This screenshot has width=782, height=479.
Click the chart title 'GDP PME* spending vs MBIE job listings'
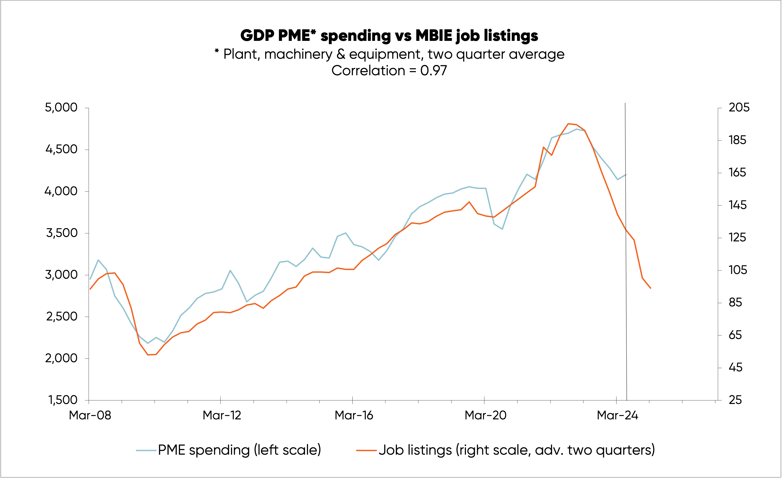tap(389, 36)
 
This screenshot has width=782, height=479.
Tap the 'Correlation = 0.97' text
tap(389, 70)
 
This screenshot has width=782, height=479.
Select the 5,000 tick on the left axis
tap(61, 108)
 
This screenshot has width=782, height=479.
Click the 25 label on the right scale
tap(735, 400)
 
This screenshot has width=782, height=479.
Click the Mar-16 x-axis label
tap(354, 415)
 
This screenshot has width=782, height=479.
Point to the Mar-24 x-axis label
tap(617, 415)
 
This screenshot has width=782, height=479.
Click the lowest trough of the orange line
tap(148, 355)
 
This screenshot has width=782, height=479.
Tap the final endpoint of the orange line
tap(651, 288)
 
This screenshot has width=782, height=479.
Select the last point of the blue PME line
tap(626, 174)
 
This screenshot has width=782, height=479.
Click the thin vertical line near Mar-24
tap(626, 285)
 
